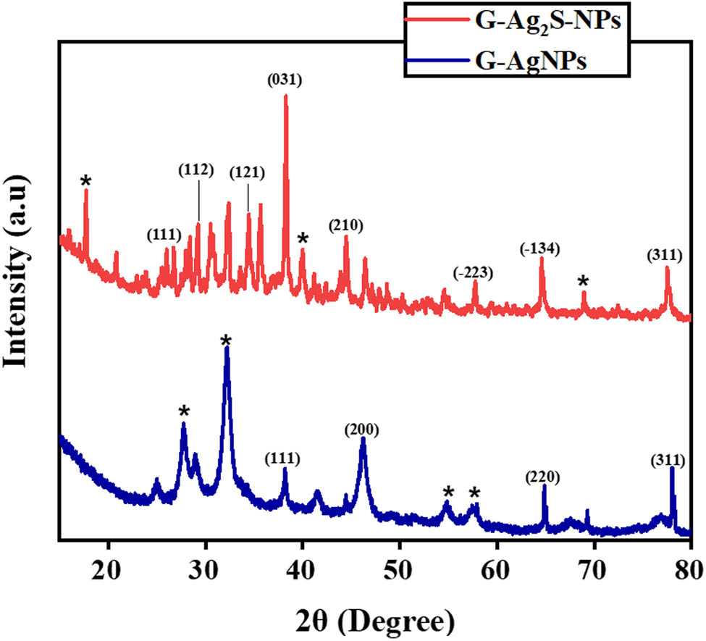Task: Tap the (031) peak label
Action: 284,80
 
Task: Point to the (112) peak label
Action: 196,170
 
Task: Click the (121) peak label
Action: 247,173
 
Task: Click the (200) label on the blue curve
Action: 362,430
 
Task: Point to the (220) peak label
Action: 543,477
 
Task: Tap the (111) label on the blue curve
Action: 282,458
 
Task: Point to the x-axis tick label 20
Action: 109,566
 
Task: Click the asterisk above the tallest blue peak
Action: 227,340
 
